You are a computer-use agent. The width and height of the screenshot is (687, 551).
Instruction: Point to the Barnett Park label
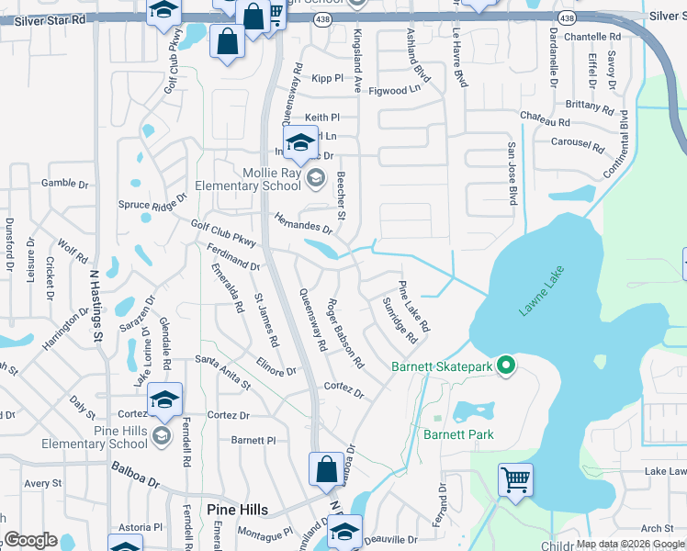point(458,434)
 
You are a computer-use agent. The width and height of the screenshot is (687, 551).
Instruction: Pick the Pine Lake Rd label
point(413,307)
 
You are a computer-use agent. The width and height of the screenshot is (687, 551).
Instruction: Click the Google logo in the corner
point(30,540)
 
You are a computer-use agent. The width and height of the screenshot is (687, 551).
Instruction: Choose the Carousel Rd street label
point(577,144)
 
